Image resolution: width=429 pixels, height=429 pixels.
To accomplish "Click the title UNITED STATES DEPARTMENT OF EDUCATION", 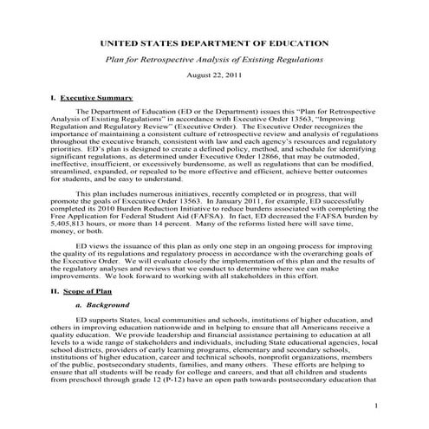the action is [214, 42].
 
